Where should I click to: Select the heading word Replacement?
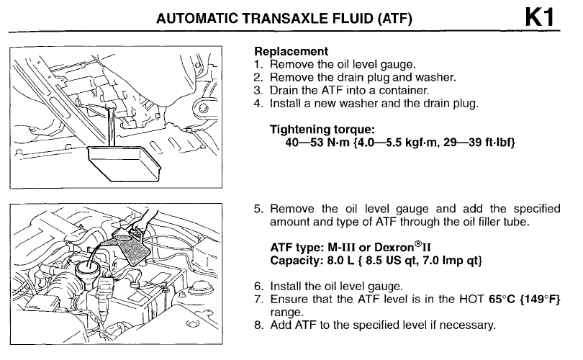click(x=291, y=52)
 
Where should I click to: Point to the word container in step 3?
click(x=407, y=90)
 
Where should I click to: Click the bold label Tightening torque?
click(x=322, y=130)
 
